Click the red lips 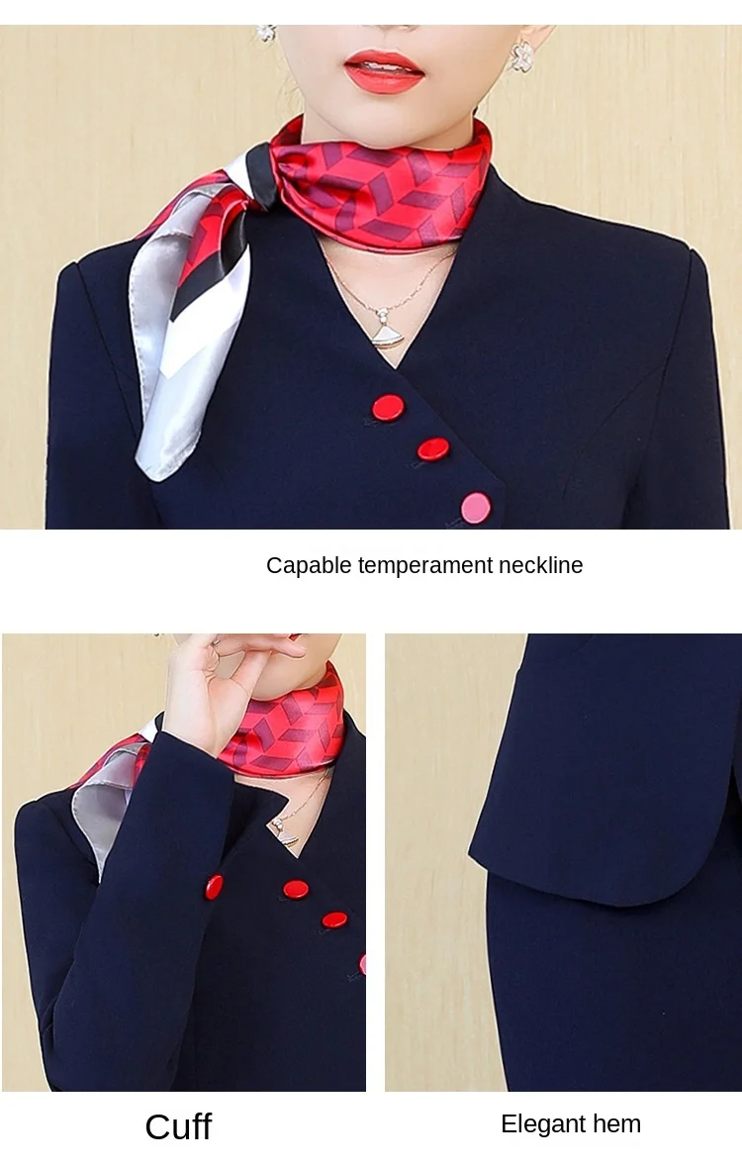point(384,71)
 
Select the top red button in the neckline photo point(388,408)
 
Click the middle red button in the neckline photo point(433,449)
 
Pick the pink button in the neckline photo point(476,508)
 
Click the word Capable point(309,566)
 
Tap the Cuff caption point(178,1126)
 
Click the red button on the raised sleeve point(214,887)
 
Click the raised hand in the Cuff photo point(223,684)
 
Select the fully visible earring point(522,56)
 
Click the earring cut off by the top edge point(266,33)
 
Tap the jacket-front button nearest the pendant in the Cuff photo point(296,889)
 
